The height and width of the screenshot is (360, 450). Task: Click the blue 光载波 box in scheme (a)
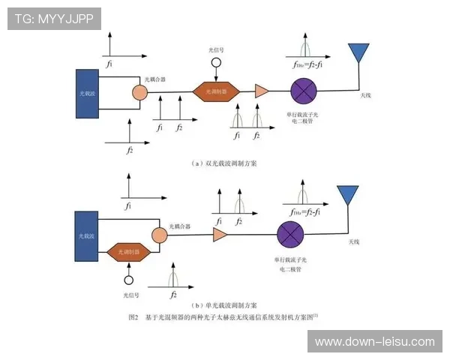(88, 93)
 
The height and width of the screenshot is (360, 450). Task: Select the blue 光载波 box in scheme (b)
(88, 236)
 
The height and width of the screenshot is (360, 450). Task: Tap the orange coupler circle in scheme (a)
(139, 91)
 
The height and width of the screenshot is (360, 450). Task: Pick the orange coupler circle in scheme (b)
(158, 235)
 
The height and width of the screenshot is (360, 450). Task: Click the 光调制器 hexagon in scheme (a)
(216, 91)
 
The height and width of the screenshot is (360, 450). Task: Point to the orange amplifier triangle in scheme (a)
(262, 91)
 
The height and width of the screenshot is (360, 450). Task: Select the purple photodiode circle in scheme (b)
(290, 235)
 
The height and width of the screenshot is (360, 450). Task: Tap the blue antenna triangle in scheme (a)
(358, 53)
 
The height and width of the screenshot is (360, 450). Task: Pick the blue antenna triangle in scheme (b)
(347, 195)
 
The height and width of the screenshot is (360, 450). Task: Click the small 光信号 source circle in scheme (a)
(217, 65)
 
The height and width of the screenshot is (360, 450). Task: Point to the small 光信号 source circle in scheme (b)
(129, 280)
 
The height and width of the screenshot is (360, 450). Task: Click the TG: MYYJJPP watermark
(54, 19)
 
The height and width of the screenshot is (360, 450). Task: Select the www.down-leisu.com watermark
(374, 342)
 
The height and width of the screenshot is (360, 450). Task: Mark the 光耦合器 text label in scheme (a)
(154, 78)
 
